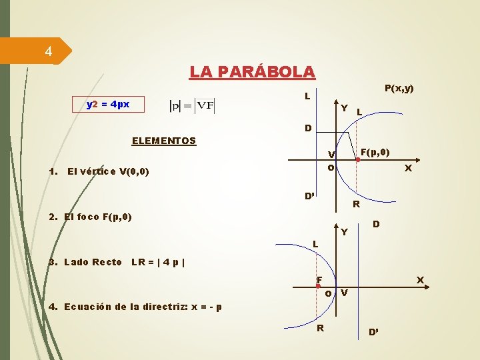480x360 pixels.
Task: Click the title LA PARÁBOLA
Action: click(252, 71)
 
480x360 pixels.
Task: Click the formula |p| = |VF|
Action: click(192, 105)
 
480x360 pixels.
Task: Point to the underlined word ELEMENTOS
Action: click(164, 141)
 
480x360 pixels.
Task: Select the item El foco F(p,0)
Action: click(91, 217)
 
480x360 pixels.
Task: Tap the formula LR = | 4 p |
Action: click(158, 262)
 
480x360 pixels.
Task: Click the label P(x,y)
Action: click(399, 88)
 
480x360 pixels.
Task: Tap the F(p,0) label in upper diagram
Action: click(375, 153)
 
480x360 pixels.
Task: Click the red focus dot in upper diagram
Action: click(357, 160)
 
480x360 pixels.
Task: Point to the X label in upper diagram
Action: click(408, 169)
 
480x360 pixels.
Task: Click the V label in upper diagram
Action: click(331, 155)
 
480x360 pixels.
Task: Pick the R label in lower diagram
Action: click(321, 328)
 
